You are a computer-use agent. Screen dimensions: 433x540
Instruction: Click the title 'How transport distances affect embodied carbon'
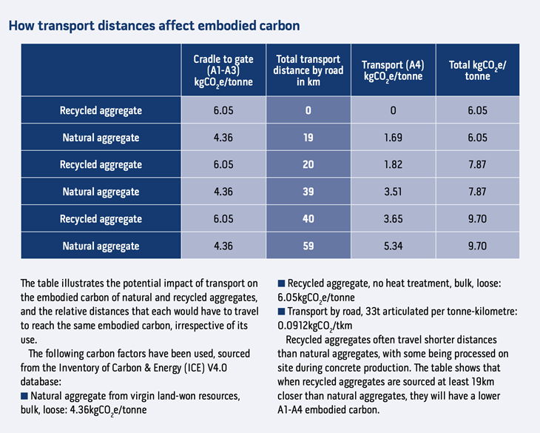pos(154,26)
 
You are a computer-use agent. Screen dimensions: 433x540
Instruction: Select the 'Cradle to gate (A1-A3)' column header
pos(223,70)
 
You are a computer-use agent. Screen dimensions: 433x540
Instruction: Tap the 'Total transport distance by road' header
pos(307,70)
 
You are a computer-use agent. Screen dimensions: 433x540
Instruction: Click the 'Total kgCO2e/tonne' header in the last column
pos(477,70)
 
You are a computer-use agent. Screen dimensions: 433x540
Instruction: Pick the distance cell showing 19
pos(308,138)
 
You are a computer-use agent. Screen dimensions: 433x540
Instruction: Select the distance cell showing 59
pos(308,246)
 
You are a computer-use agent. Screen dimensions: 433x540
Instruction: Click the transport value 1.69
pos(393,138)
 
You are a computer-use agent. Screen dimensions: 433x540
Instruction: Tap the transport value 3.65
pos(393,219)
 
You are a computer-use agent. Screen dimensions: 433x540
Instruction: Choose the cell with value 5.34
pos(393,246)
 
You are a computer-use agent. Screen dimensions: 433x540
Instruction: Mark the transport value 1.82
pos(393,164)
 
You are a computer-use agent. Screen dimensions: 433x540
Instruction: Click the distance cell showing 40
pos(308,219)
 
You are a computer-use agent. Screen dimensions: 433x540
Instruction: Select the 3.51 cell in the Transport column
pos(393,192)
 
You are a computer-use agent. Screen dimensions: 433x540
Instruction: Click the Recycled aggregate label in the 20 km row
pos(101,164)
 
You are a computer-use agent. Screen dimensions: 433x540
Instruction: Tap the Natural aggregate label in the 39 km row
pos(101,192)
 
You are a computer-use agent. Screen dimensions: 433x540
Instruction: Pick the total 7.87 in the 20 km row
pos(477,164)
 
